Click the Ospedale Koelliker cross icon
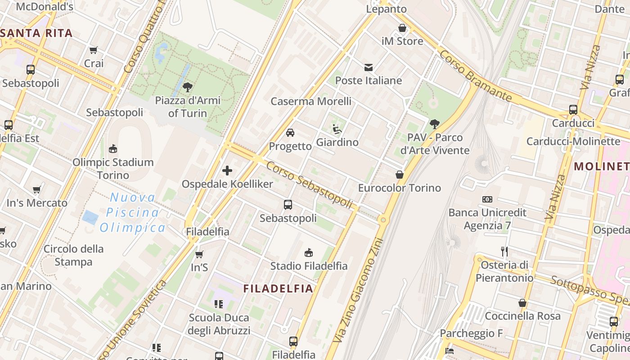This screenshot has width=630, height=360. pyautogui.click(x=227, y=171)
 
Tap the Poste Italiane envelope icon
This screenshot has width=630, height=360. pyautogui.click(x=369, y=67)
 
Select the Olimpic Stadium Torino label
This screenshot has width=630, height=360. pyautogui.click(x=113, y=168)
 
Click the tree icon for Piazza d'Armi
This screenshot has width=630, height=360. pyautogui.click(x=188, y=87)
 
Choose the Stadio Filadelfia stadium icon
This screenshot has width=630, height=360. pyautogui.click(x=309, y=252)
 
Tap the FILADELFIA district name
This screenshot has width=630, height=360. pyautogui.click(x=278, y=288)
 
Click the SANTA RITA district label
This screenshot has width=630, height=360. pyautogui.click(x=37, y=33)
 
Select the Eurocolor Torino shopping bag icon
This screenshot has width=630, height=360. pyautogui.click(x=399, y=175)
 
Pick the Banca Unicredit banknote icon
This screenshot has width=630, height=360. pyautogui.click(x=487, y=199)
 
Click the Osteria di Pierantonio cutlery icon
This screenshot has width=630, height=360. pyautogui.click(x=504, y=251)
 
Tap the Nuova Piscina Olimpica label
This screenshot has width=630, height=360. pyautogui.click(x=132, y=212)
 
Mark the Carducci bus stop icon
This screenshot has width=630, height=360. pyautogui.click(x=573, y=109)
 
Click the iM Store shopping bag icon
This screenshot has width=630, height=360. pyautogui.click(x=402, y=28)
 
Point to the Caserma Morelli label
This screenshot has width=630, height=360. pyautogui.click(x=311, y=101)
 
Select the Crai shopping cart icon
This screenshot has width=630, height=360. pyautogui.click(x=94, y=50)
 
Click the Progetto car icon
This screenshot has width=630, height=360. pyautogui.click(x=290, y=133)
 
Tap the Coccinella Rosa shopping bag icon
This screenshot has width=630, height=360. pyautogui.click(x=522, y=303)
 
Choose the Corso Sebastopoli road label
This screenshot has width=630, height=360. pyautogui.click(x=309, y=184)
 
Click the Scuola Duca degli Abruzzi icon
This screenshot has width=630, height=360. pyautogui.click(x=219, y=304)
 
